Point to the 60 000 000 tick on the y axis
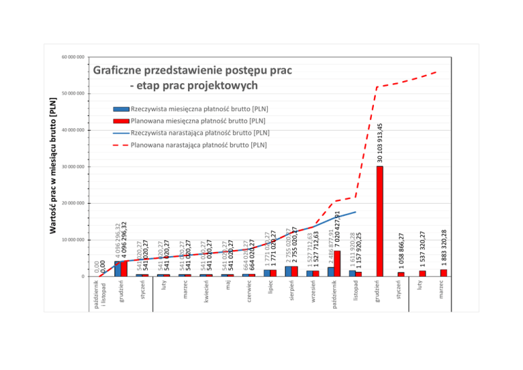(x=72, y=57)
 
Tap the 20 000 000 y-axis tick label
(x=72, y=203)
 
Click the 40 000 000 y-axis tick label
(x=72, y=130)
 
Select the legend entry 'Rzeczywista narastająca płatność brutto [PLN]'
(x=200, y=132)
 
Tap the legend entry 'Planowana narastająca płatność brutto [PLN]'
(x=198, y=144)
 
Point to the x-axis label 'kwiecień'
(x=206, y=291)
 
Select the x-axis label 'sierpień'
(x=291, y=291)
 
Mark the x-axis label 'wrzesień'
(x=313, y=291)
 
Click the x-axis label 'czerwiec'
(x=249, y=291)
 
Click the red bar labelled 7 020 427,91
(x=337, y=263)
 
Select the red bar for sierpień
(x=294, y=271)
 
